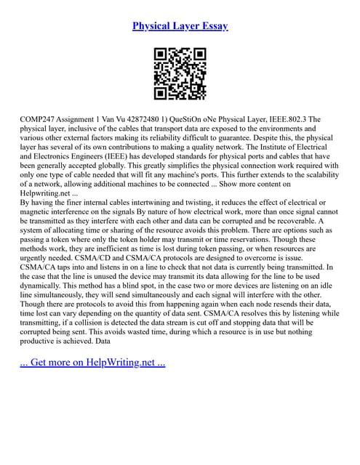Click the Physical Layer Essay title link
pyautogui.click(x=180, y=26)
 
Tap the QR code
pyautogui.click(x=180, y=74)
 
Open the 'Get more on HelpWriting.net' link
pyautogui.click(x=94, y=363)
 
